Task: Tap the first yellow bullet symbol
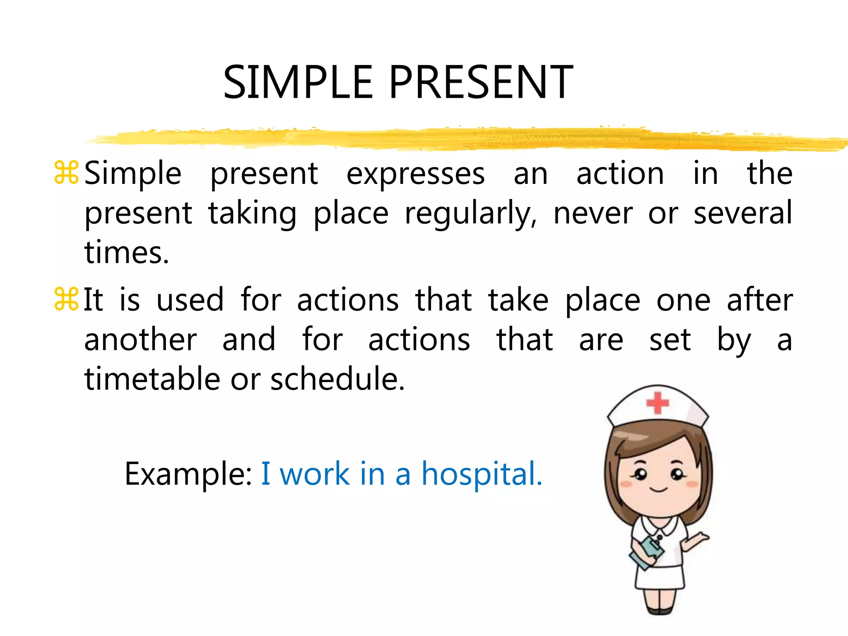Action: pos(66,173)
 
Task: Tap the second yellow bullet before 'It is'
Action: pos(66,299)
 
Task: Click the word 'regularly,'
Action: pos(471,214)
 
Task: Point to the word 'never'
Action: pos(593,214)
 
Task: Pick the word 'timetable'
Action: pos(152,379)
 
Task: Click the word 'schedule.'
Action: pos(337,379)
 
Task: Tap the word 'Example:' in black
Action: pos(188,475)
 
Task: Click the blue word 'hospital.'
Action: pos(482,474)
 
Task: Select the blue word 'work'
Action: pos(315,474)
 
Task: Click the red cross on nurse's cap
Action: pos(658,402)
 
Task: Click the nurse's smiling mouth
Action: pos(658,490)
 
